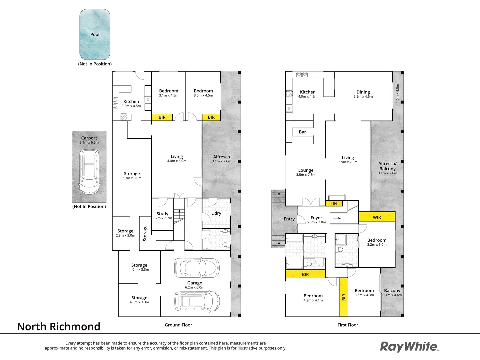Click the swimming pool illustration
pos(95,34)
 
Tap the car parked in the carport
pos(89,172)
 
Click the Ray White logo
pos(409,347)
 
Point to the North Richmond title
pos(59,327)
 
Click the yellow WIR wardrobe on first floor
pos(377,217)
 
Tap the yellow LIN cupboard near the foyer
pos(334,204)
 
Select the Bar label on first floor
pos(302,132)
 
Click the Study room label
pos(162,214)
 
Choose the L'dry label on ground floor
pos(216,213)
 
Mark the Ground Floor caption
pos(178,325)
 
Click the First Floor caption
pos(348,325)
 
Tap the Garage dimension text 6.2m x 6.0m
pos(195,287)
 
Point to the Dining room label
pos(363,92)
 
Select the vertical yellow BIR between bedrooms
pos(344,297)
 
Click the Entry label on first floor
pos(289,219)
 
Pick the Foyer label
pos(316,218)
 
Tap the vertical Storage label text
pos(145,233)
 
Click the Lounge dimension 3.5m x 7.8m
pos(306,175)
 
